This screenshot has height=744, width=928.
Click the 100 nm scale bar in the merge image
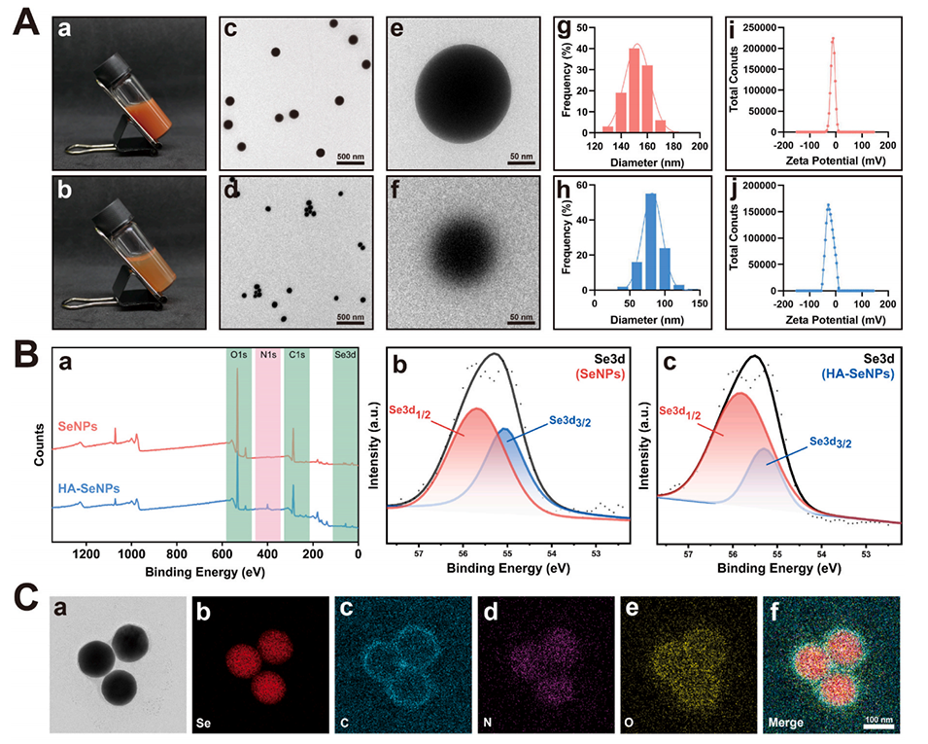pos(878,718)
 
